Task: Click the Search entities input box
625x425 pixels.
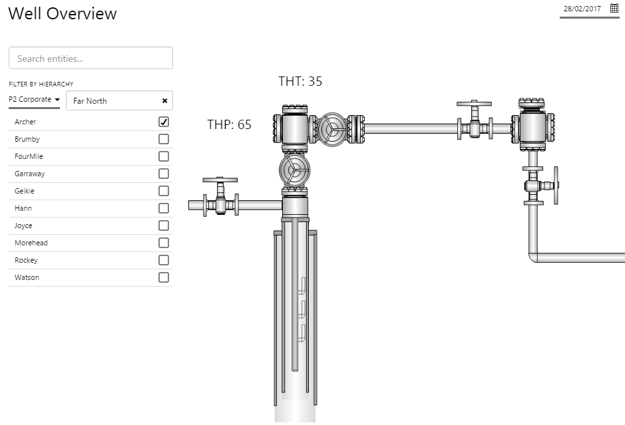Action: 91,58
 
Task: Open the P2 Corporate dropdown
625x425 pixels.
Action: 35,99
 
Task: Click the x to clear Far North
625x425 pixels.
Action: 164,101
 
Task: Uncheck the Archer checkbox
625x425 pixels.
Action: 164,122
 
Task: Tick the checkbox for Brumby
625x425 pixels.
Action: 164,139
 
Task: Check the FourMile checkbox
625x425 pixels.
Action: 164,156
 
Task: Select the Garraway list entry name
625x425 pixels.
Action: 30,174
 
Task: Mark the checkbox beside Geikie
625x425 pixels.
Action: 164,191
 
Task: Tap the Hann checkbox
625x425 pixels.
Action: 164,208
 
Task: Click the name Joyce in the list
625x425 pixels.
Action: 23,225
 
